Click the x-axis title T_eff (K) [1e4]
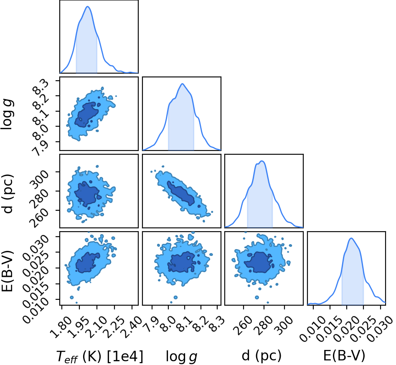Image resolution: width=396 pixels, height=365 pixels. coord(99,357)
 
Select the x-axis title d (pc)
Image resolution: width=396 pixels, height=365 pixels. coord(261,356)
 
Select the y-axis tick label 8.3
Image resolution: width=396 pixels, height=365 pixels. coord(43,87)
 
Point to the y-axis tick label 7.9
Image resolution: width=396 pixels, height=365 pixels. coord(41,147)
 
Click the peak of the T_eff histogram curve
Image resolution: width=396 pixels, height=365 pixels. coord(88,7)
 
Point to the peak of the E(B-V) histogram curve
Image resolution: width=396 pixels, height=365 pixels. coord(351,238)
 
